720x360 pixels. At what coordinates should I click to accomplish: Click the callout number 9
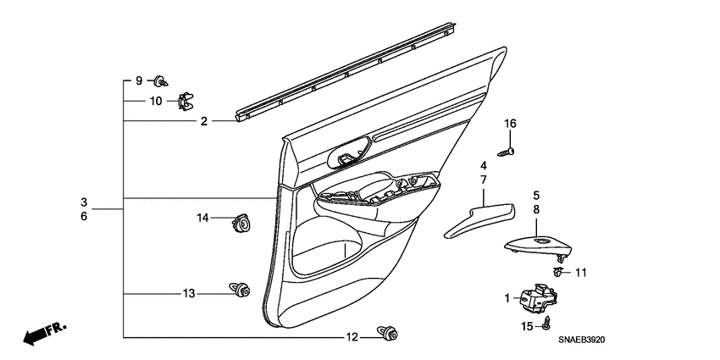(x=139, y=80)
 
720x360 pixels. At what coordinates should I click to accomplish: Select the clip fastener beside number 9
(x=159, y=81)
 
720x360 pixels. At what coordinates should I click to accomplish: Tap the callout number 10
(x=156, y=101)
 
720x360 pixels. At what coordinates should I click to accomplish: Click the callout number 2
(x=204, y=122)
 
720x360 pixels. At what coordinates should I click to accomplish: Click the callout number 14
(x=202, y=219)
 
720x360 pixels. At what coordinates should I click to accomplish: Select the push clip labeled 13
(x=240, y=291)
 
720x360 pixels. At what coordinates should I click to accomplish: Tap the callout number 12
(x=352, y=337)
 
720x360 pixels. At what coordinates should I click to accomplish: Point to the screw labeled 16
(x=507, y=152)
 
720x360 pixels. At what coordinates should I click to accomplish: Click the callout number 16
(x=510, y=124)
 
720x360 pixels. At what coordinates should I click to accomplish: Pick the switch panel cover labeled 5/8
(x=537, y=245)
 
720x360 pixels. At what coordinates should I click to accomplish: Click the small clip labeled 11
(x=557, y=271)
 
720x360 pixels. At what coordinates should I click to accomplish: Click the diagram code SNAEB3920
(x=587, y=340)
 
